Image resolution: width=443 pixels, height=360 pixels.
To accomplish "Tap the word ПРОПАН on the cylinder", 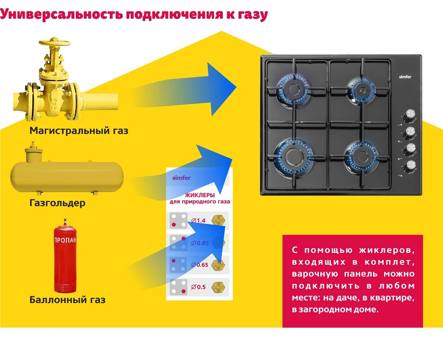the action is (65, 241).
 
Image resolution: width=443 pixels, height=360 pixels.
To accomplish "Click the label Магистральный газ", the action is (79, 131).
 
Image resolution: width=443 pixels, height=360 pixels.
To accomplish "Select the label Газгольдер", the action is (57, 203).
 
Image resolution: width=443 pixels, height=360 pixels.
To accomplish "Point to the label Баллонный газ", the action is (67, 300).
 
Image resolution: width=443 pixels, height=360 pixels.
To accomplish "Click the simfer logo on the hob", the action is (405, 77).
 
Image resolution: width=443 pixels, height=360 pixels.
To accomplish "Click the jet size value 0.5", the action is (200, 287).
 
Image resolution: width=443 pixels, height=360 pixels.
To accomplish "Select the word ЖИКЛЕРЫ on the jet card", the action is (200, 195).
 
